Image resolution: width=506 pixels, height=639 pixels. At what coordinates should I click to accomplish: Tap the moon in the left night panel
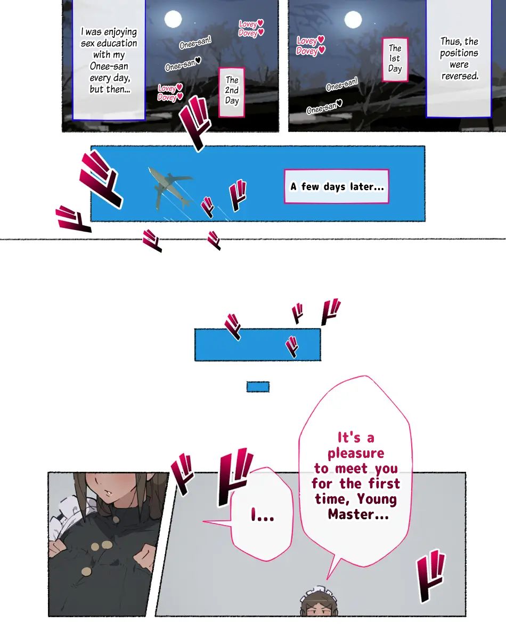pyautogui.click(x=173, y=19)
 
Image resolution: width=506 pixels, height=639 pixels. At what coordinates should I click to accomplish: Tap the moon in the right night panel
pyautogui.click(x=353, y=20)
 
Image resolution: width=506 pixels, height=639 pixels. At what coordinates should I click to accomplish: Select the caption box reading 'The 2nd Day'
pyautogui.click(x=232, y=92)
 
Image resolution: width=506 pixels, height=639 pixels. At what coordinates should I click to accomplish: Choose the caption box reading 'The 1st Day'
pyautogui.click(x=395, y=60)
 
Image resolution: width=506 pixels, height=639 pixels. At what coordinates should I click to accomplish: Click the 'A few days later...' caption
pyautogui.click(x=337, y=186)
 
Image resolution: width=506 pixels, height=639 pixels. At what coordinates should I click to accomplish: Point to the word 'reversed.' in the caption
pyautogui.click(x=460, y=76)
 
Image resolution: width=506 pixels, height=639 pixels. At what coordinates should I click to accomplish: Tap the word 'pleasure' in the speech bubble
pyautogui.click(x=356, y=453)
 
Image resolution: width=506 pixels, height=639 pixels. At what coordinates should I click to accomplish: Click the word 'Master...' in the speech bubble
pyautogui.click(x=358, y=514)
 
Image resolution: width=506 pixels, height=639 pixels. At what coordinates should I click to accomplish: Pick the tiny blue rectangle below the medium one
pyautogui.click(x=258, y=387)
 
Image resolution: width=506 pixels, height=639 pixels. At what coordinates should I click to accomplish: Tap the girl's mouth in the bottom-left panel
pyautogui.click(x=108, y=493)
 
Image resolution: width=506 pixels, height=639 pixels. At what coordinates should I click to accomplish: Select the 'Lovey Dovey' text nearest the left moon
pyautogui.click(x=251, y=28)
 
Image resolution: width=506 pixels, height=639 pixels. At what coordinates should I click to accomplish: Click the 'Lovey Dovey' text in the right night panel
pyautogui.click(x=311, y=45)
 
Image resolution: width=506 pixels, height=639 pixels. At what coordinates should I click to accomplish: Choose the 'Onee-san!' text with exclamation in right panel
pyautogui.click(x=342, y=84)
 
